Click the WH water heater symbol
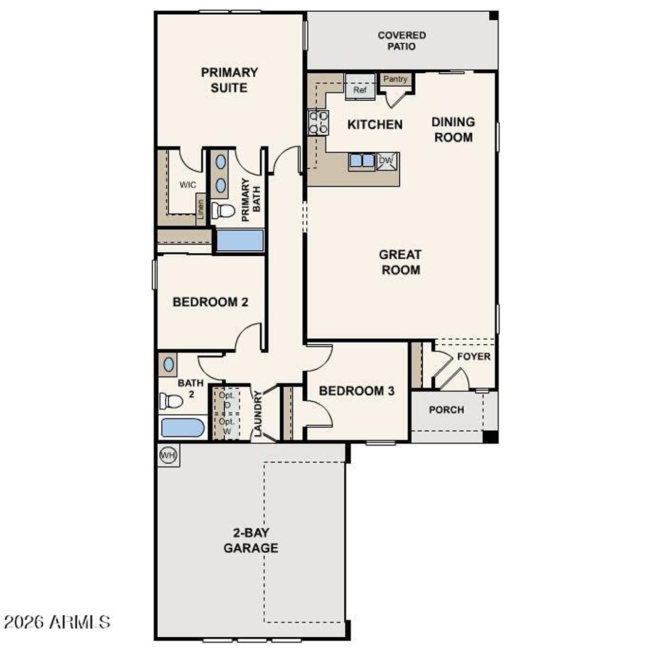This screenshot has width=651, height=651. [168, 455]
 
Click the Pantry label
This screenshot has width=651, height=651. [395, 79]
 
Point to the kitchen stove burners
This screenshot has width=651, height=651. [318, 123]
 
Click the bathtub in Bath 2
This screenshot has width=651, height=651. [183, 428]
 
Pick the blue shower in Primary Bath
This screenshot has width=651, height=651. [240, 241]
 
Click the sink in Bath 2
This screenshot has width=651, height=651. [168, 365]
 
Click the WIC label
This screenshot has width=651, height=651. [187, 185]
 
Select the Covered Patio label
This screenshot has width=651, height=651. [402, 41]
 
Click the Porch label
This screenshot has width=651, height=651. [446, 410]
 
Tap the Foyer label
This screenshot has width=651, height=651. [474, 357]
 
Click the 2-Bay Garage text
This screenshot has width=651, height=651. [251, 541]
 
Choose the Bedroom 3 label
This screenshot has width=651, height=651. [357, 391]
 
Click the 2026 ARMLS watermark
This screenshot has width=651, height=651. [57, 622]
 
